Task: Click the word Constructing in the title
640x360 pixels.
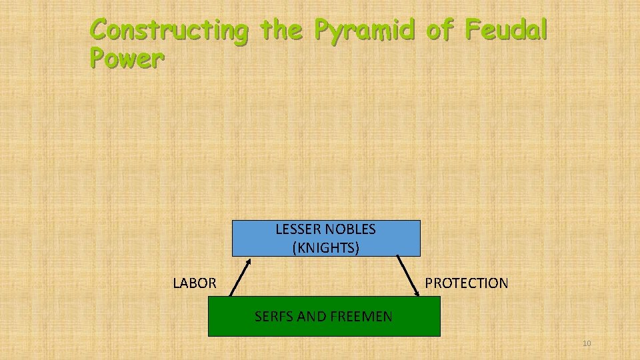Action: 169,31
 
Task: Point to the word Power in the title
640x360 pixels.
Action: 126,59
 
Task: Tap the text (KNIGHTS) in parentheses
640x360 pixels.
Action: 326,248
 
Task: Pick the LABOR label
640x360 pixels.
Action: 194,283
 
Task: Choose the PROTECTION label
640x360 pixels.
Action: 467,283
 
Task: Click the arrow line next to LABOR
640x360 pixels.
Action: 240,277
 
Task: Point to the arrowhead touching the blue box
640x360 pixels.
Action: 247,261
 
